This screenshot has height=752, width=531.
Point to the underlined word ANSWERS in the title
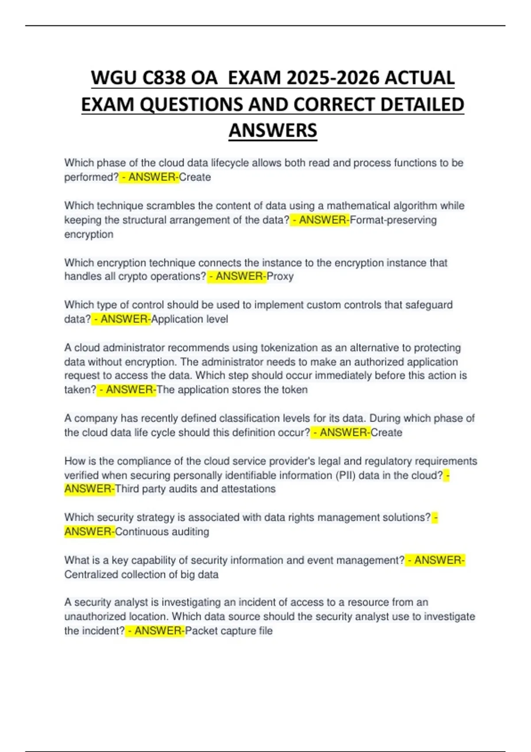(273, 130)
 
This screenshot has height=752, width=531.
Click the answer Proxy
(281, 276)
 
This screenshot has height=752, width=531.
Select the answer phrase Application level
(190, 319)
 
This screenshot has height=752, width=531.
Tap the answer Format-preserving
(393, 220)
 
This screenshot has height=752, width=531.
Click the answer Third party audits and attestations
(195, 489)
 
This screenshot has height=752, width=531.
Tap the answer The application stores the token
(232, 390)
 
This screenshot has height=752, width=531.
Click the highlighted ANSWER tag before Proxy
(239, 276)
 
